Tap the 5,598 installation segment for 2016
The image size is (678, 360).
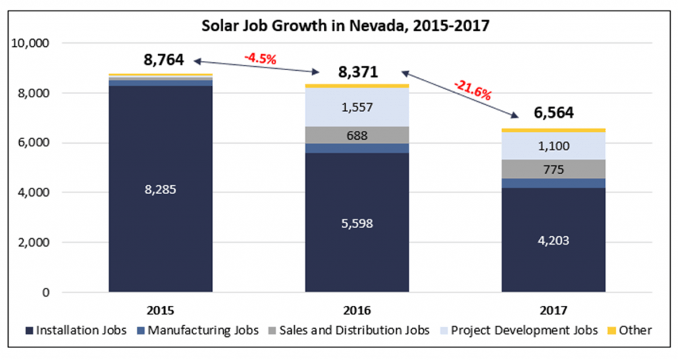tap(357, 223)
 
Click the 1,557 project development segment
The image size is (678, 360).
tap(357, 107)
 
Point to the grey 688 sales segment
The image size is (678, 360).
tap(357, 136)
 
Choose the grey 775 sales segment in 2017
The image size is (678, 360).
tap(554, 169)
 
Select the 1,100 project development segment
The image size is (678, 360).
tap(554, 146)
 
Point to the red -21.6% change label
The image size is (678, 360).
tap(472, 89)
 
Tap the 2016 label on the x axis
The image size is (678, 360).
tap(357, 310)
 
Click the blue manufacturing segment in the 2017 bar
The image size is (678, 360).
tap(554, 183)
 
